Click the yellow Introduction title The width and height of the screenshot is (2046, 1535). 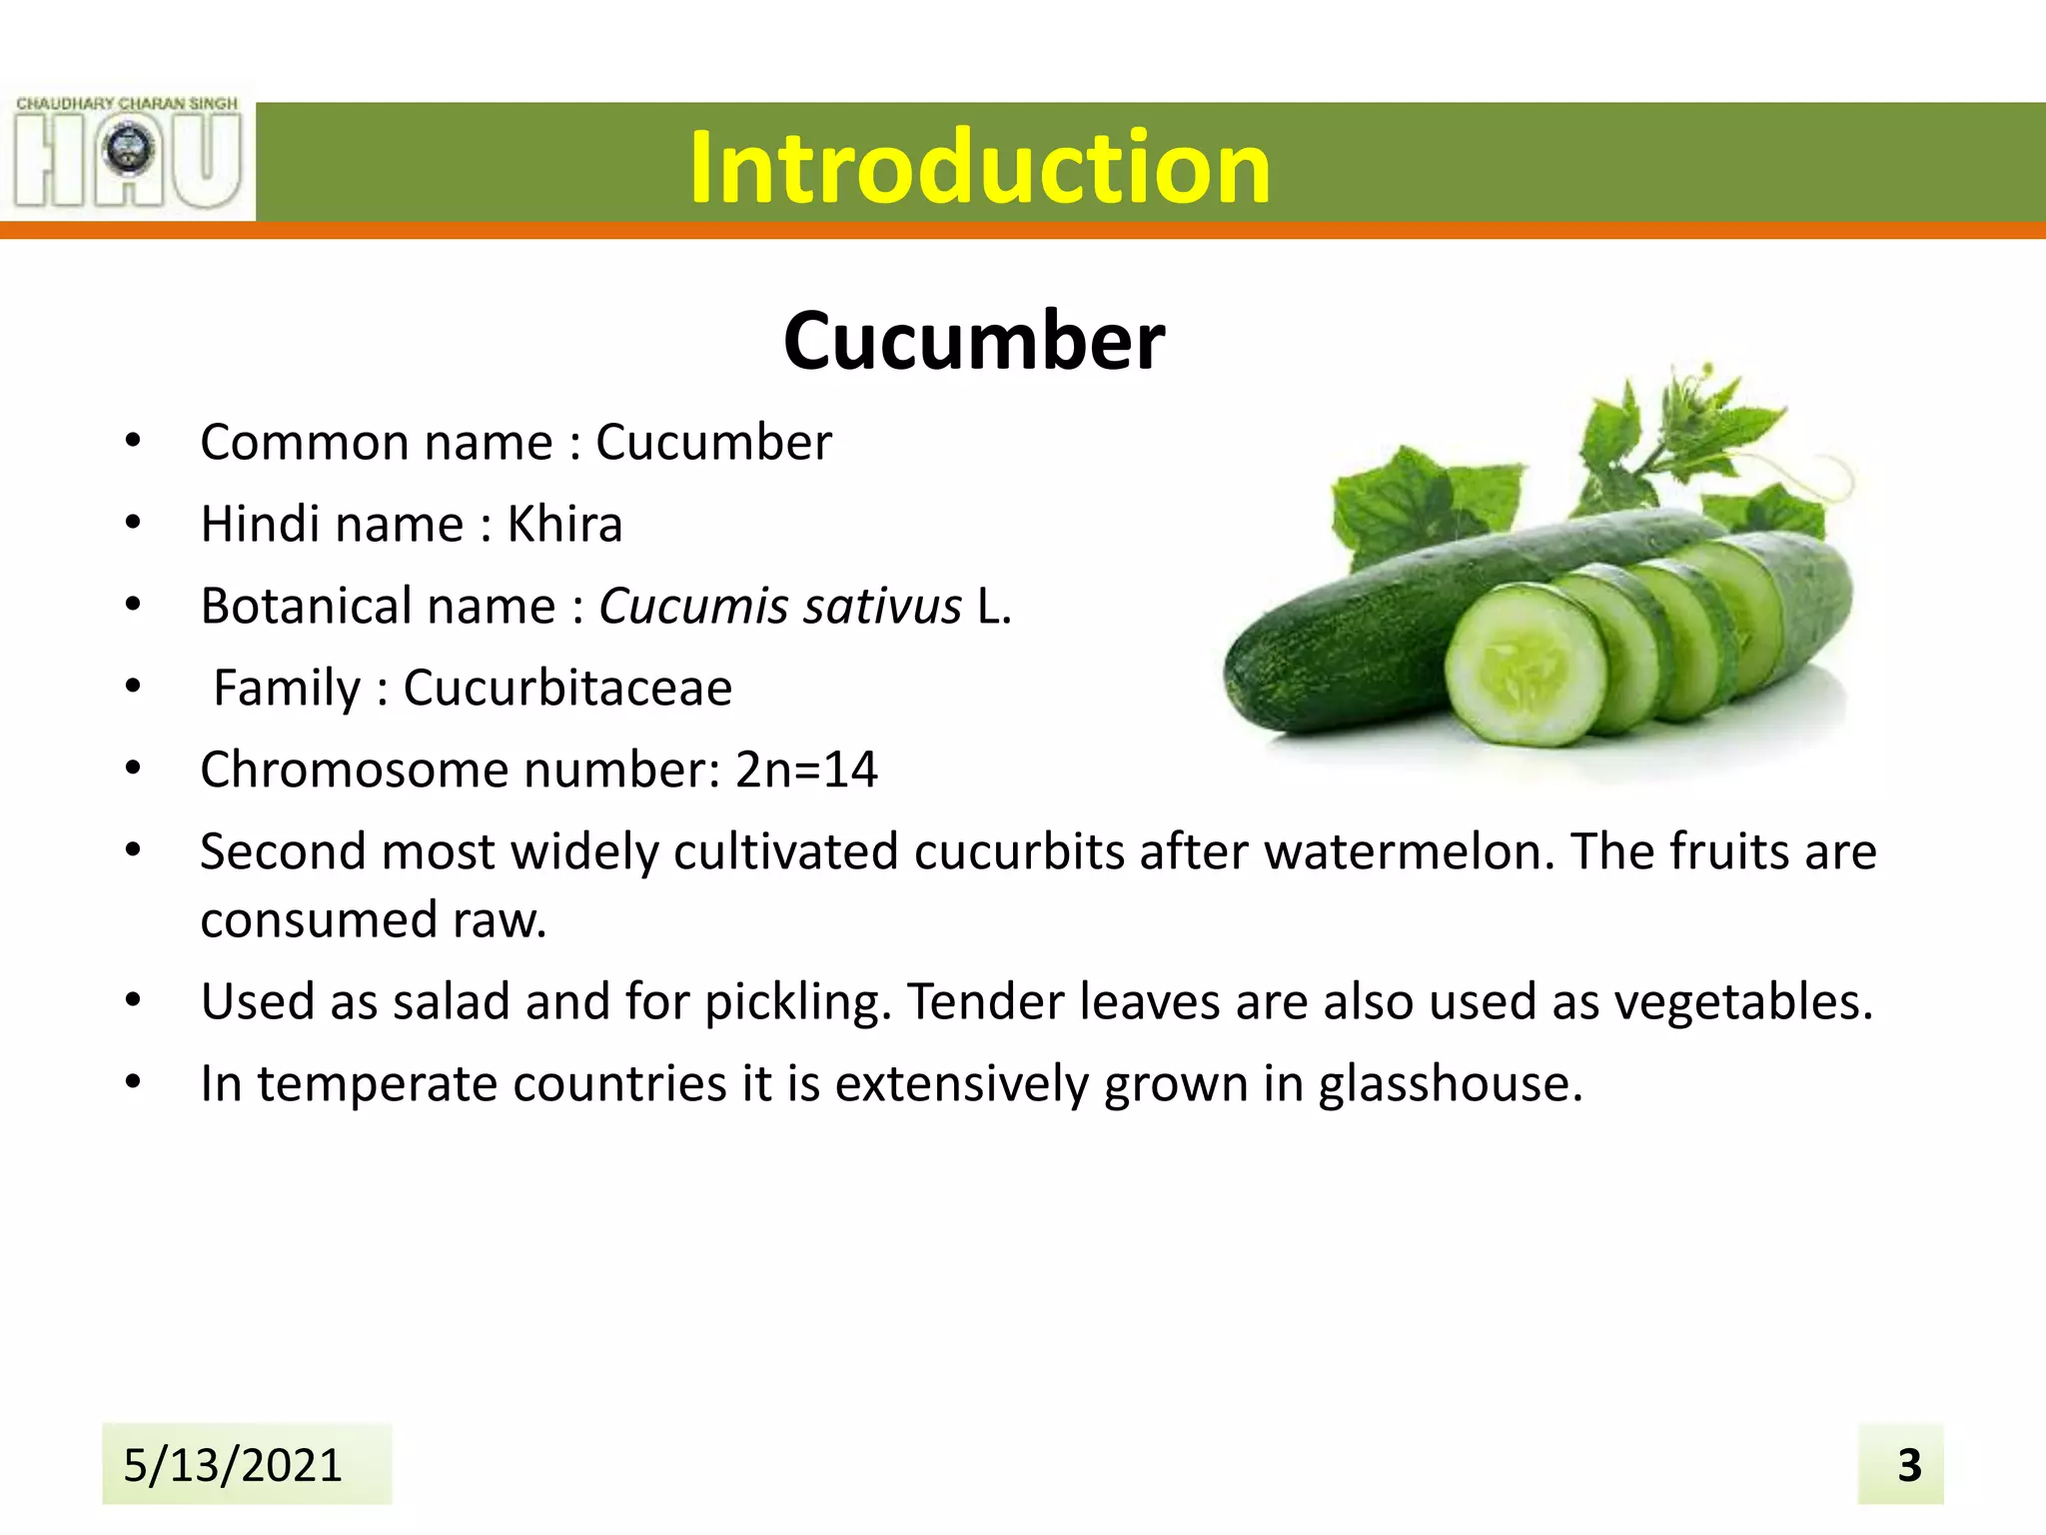979,167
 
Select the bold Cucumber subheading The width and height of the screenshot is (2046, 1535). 974,341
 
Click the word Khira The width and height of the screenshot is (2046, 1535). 564,525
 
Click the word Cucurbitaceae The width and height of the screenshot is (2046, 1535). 567,689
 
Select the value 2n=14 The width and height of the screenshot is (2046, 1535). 806,770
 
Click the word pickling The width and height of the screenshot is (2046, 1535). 797,1002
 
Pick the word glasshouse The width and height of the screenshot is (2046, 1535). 1450,1084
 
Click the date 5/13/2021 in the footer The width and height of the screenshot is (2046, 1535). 233,1465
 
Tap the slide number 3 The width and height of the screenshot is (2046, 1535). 1909,1466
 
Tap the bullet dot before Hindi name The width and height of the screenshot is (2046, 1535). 133,523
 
